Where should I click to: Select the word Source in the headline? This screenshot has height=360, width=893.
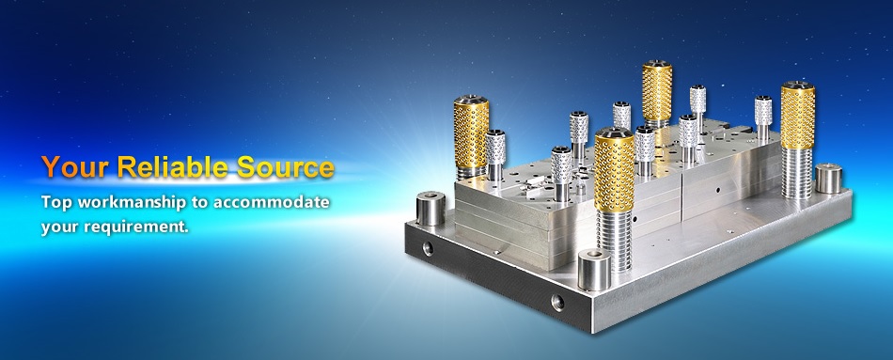[x=285, y=167]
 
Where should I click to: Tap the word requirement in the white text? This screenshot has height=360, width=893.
[x=136, y=227]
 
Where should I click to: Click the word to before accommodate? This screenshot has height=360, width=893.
[x=202, y=203]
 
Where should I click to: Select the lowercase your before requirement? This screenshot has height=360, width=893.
[x=60, y=227]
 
